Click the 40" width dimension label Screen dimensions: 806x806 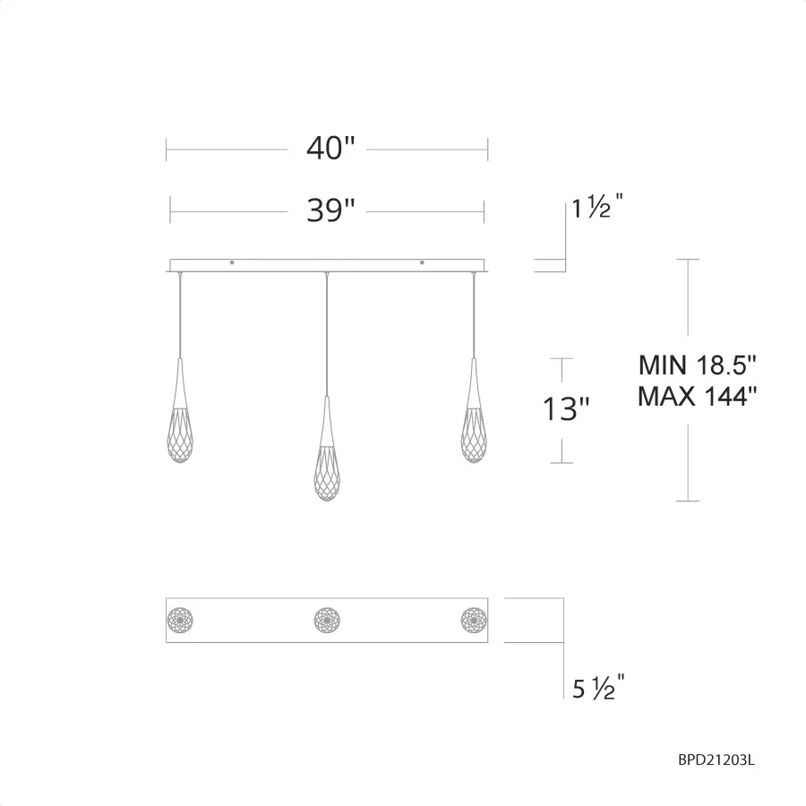click(x=330, y=148)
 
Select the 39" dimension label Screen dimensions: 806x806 click(x=330, y=210)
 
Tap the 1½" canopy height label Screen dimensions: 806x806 click(x=597, y=206)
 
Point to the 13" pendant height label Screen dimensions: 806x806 click(x=565, y=409)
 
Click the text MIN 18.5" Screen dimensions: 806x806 click(x=698, y=365)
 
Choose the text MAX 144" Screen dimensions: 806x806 click(x=698, y=397)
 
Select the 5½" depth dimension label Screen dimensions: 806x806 click(x=598, y=687)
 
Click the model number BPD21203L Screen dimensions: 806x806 click(x=716, y=759)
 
